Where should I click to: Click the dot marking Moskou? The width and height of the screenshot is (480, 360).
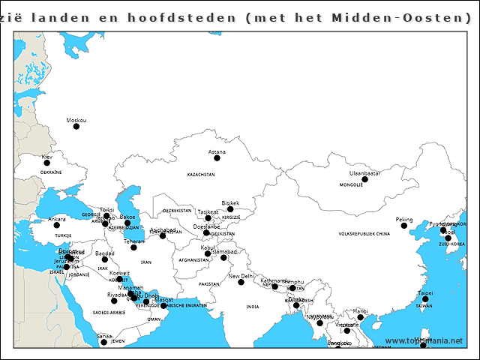pyautogui.click(x=76, y=127)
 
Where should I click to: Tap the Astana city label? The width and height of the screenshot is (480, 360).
pyautogui.click(x=217, y=152)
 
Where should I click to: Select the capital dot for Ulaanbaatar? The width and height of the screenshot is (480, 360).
pyautogui.click(x=365, y=179)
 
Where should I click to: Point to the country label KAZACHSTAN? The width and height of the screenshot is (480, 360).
pyautogui.click(x=201, y=174)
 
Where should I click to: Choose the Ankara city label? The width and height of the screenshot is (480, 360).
pyautogui.click(x=57, y=219)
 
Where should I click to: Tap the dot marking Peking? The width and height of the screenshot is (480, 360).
pyautogui.click(x=404, y=226)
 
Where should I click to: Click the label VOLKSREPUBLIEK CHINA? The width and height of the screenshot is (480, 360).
pyautogui.click(x=364, y=234)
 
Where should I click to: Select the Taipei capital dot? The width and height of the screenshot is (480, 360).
pyautogui.click(x=425, y=299)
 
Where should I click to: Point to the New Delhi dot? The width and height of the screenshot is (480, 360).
pyautogui.click(x=241, y=282)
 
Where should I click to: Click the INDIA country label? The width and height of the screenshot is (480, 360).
pyautogui.click(x=252, y=307)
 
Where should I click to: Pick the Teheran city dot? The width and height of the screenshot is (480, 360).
pyautogui.click(x=133, y=247)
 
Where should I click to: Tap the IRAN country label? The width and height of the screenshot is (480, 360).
pyautogui.click(x=146, y=262)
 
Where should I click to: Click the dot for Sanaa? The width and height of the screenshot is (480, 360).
pyautogui.click(x=103, y=343)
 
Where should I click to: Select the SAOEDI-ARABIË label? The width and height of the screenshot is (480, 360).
pyautogui.click(x=107, y=311)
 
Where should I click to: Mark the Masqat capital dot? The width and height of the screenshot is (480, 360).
pyautogui.click(x=163, y=306)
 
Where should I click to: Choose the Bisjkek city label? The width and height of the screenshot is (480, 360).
pyautogui.click(x=230, y=202)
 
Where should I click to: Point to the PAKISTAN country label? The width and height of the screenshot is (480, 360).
pyautogui.click(x=209, y=285)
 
